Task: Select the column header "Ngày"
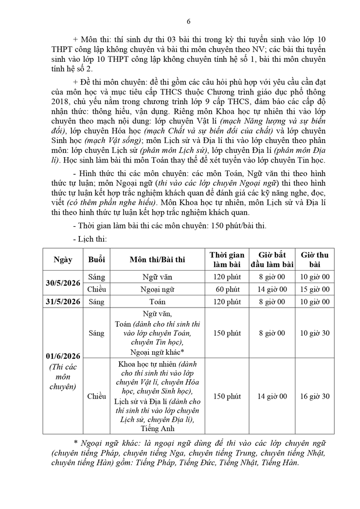click(x=63, y=259)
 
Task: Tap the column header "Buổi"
click(x=96, y=259)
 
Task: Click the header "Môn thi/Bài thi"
click(x=157, y=259)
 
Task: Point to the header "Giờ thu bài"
click(x=314, y=259)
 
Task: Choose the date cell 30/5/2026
click(x=63, y=283)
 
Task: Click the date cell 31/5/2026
click(x=63, y=302)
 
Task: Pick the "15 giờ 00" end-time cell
click(x=314, y=290)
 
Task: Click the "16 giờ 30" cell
click(x=314, y=396)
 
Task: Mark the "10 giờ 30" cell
click(x=314, y=333)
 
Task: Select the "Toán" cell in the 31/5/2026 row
click(x=157, y=302)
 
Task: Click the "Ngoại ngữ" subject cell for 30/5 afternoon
click(x=157, y=290)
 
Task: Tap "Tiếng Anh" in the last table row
click(x=157, y=429)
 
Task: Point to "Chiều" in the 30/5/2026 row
click(x=96, y=290)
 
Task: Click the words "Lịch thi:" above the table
click(x=90, y=239)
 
